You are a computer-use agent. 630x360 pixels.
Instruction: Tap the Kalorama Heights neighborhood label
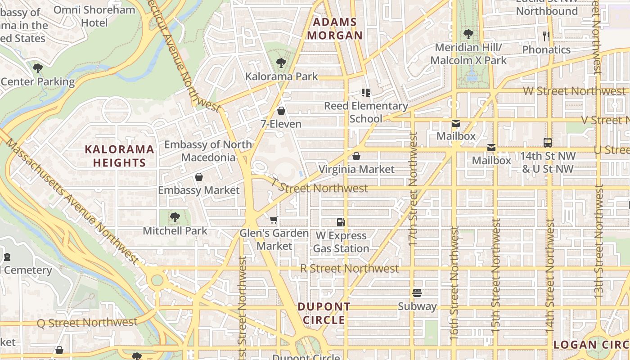[x=119, y=156]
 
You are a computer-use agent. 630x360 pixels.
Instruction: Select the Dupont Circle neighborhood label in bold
[x=324, y=313]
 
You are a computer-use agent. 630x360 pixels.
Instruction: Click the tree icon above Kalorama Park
[x=281, y=63]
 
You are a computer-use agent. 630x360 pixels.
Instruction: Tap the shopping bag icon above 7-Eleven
[x=281, y=111]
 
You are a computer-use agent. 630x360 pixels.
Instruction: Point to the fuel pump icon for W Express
[x=341, y=222]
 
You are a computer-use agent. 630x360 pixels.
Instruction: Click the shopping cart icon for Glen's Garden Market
[x=274, y=220]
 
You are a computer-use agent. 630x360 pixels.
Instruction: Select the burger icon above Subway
[x=417, y=293]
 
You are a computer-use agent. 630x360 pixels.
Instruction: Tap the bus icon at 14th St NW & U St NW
[x=548, y=143]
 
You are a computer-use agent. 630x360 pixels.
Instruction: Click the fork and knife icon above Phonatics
[x=546, y=36]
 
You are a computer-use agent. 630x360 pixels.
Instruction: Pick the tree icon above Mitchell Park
[x=175, y=218]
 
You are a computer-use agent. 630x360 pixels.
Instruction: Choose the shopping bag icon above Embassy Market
[x=198, y=177]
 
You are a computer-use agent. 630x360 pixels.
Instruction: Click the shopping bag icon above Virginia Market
[x=356, y=156]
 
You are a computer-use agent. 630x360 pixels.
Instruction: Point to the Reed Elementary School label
[x=366, y=112]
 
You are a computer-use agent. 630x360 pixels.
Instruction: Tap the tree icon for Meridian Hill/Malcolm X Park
[x=468, y=34]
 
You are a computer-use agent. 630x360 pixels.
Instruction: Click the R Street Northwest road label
[x=349, y=269]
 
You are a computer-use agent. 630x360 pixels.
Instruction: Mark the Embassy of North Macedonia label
[x=208, y=151]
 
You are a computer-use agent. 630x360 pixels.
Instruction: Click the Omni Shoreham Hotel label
[x=94, y=16]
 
